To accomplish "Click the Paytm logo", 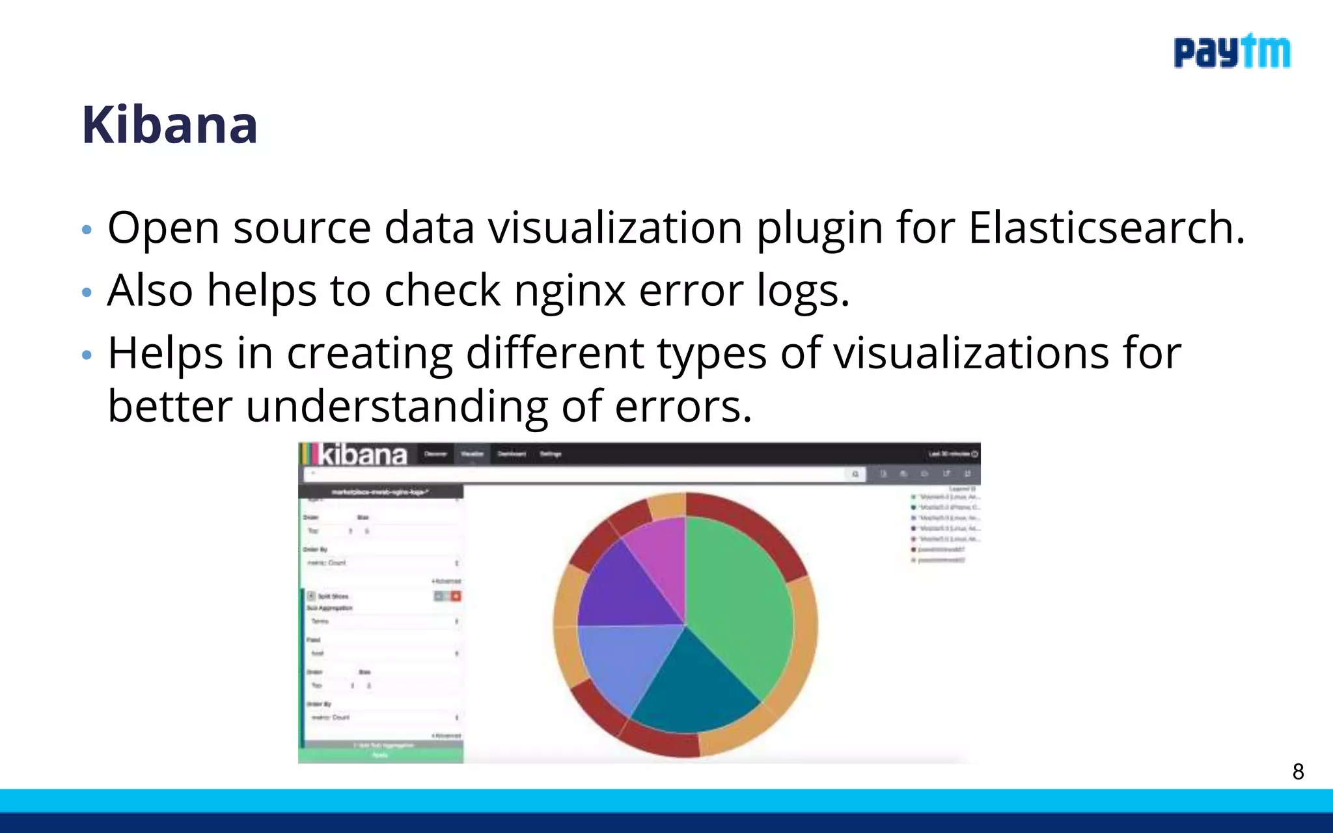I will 1231,52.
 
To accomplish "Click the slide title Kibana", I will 170,124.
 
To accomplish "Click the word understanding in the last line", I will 396,407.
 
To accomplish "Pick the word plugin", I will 819,229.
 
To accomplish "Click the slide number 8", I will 1298,772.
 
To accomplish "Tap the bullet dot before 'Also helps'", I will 87,293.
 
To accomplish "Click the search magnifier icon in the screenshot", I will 855,474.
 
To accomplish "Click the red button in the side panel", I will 456,596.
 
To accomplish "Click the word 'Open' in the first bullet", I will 163,229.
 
